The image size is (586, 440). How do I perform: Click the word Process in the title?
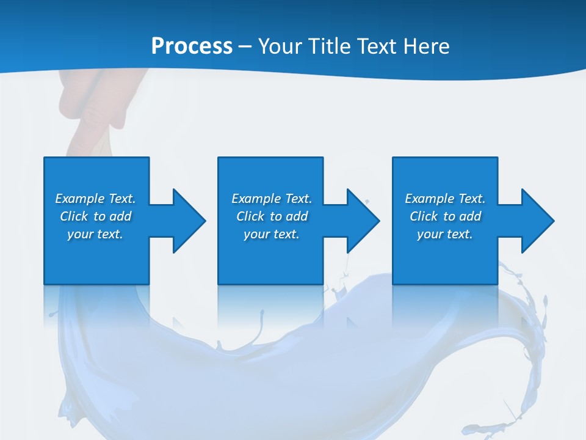(192, 46)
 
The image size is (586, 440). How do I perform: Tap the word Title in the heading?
(331, 46)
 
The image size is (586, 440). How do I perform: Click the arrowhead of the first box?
(187, 221)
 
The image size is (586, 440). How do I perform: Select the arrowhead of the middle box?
(361, 221)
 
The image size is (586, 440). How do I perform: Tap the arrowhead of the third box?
(536, 221)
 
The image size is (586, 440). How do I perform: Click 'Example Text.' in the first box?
(95, 199)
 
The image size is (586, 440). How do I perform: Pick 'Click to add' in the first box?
(95, 216)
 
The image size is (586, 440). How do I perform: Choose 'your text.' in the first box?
(95, 234)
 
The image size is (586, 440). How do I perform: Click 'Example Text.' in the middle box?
(272, 199)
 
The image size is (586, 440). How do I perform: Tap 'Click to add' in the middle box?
(272, 216)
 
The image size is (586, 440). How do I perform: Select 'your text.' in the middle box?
(272, 234)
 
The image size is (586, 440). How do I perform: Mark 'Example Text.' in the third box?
(445, 199)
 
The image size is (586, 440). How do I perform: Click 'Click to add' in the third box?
(445, 216)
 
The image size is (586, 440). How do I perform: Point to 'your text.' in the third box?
(445, 234)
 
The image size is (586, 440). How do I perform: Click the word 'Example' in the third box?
(430, 199)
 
